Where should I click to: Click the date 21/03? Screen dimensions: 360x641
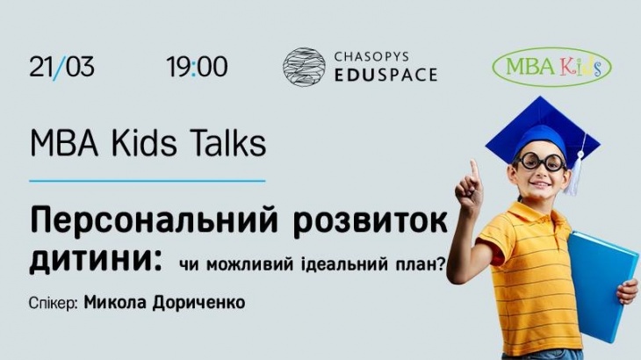(x=61, y=67)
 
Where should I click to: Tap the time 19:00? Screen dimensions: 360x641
(x=197, y=67)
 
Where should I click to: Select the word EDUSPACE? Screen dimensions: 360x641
(x=385, y=76)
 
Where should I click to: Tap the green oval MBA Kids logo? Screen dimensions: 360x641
(x=551, y=67)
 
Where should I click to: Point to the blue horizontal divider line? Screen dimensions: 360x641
(x=148, y=181)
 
